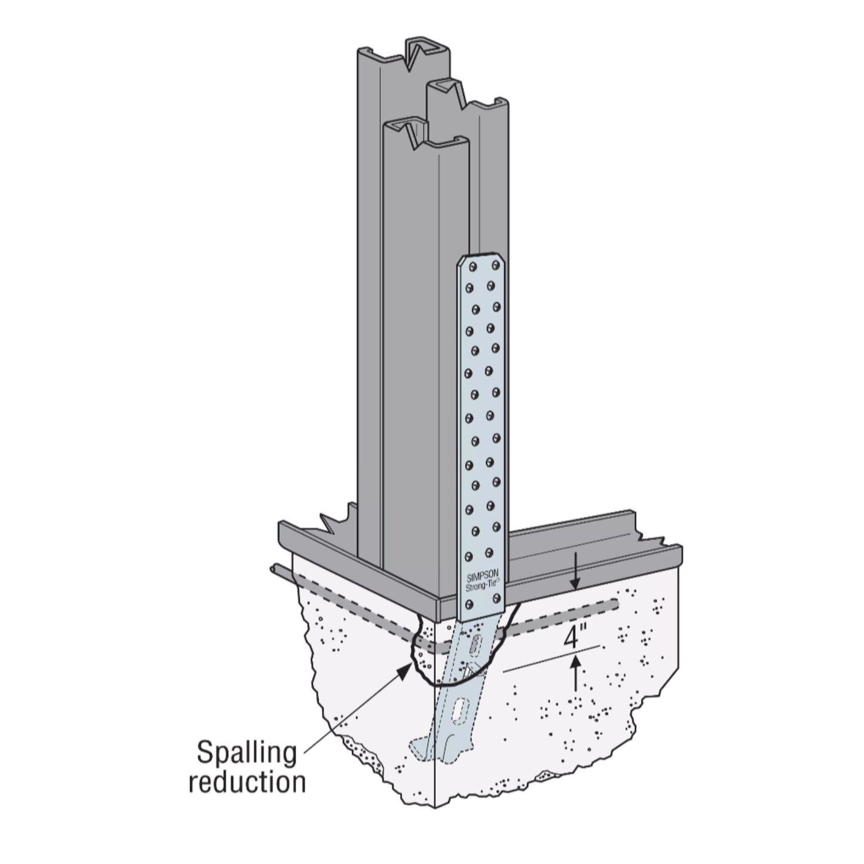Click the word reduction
click(x=247, y=783)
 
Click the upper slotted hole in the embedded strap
click(x=474, y=645)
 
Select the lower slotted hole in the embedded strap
click(x=460, y=713)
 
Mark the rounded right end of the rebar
click(x=616, y=605)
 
